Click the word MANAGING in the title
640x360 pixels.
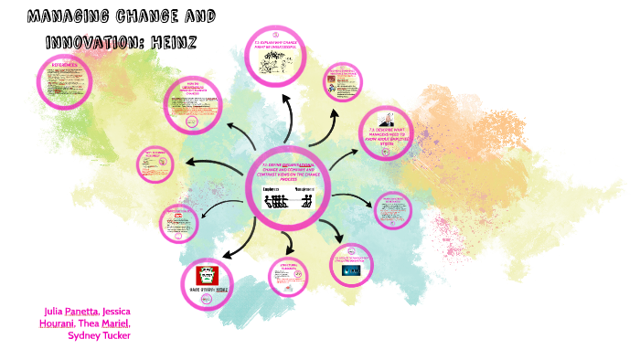click(x=67, y=17)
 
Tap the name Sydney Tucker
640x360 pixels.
click(x=100, y=334)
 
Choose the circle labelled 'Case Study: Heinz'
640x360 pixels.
click(x=207, y=280)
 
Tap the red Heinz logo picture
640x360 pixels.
click(x=207, y=274)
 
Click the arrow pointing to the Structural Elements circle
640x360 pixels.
click(x=290, y=243)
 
